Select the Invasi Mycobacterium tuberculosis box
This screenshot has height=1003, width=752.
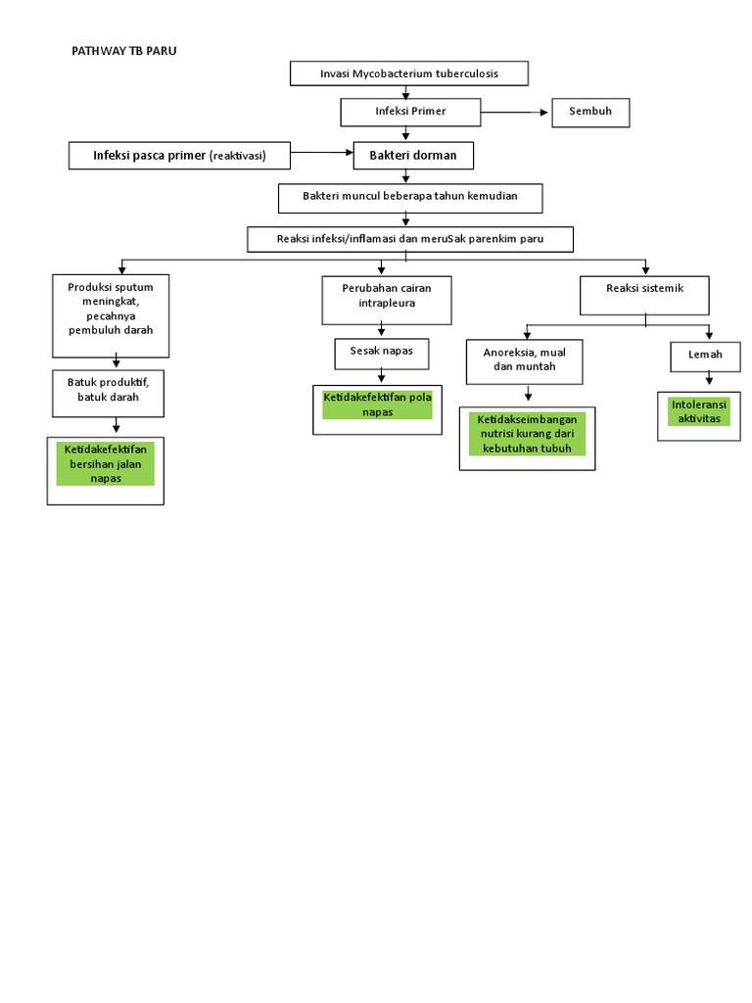[409, 73]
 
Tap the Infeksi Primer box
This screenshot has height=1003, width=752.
[410, 112]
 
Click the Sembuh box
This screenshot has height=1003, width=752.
[590, 112]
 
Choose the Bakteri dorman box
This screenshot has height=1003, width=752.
[412, 155]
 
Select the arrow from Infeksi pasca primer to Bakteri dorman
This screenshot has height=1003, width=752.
[323, 154]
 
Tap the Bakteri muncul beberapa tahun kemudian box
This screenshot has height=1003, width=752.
[409, 197]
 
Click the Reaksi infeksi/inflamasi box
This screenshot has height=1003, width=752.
[409, 240]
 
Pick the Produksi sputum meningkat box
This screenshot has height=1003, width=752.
[111, 315]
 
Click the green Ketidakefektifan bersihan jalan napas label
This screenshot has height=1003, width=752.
[106, 463]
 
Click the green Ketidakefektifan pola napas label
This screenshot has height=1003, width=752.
[377, 404]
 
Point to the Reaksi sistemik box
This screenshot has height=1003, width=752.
[644, 295]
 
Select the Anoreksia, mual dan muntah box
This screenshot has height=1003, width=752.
[524, 359]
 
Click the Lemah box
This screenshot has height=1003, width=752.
[704, 356]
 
